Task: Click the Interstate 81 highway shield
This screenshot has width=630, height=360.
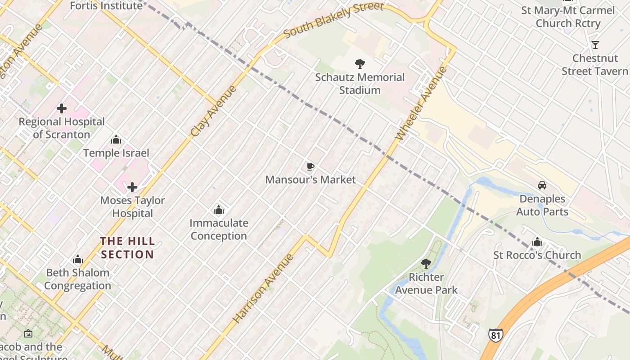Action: point(495,335)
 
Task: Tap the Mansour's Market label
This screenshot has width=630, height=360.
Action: point(310,180)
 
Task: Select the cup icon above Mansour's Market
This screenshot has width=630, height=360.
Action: point(310,167)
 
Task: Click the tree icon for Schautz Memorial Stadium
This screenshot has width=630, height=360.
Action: point(360,64)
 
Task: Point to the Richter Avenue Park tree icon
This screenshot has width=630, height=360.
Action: point(426,264)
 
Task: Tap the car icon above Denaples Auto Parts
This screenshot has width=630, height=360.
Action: point(542,185)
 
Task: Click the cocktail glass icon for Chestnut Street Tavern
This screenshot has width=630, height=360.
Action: point(595,45)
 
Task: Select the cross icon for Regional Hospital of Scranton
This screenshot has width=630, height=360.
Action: point(62,108)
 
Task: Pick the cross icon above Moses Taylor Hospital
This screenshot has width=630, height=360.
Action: point(132,187)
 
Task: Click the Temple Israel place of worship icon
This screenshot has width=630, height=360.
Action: point(116,140)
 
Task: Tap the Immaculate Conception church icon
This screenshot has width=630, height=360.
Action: point(219,210)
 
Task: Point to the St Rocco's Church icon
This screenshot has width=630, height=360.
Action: point(537,242)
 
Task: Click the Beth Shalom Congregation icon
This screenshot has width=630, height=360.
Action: point(78,260)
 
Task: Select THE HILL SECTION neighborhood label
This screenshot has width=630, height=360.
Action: point(127,248)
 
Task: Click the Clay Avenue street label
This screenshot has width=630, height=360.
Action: point(213,111)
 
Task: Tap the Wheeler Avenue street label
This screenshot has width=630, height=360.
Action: point(422,103)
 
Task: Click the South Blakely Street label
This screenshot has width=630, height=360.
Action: point(333,19)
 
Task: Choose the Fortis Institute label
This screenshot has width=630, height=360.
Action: point(106,5)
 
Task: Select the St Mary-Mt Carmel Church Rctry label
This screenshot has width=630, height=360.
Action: point(568,17)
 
